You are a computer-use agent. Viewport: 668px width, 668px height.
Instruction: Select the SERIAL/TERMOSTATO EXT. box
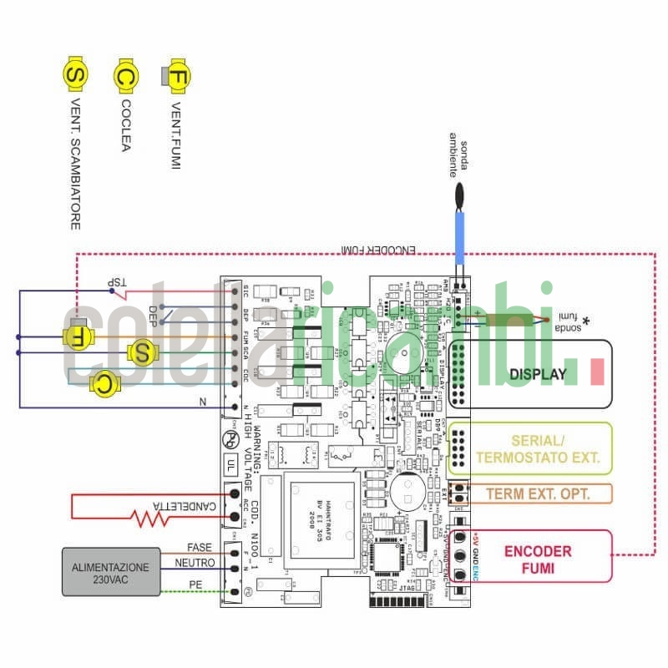537,449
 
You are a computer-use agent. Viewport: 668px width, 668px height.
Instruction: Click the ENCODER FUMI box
538,558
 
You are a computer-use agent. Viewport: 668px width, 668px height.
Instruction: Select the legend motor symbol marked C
125,76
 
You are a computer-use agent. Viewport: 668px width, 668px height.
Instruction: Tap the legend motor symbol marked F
176,76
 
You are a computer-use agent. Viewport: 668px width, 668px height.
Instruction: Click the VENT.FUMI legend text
176,138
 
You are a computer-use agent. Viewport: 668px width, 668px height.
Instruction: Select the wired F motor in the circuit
78,337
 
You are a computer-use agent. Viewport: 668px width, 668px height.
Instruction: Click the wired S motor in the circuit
142,352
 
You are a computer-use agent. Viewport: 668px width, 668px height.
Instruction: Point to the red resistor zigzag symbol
149,518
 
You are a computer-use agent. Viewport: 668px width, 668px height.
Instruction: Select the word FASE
199,547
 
